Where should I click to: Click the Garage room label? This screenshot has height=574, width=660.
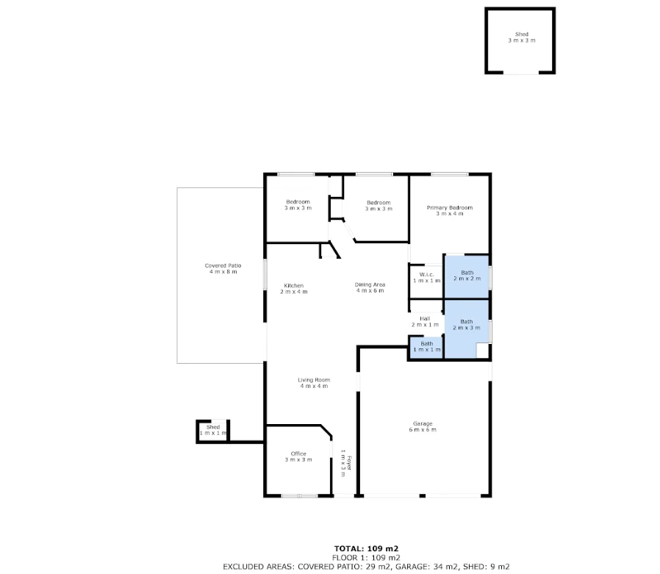coord(423,426)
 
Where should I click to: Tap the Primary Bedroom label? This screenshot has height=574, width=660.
coord(449,210)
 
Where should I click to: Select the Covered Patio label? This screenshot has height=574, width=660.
coord(223,268)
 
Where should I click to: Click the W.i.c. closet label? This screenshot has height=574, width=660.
coord(426,278)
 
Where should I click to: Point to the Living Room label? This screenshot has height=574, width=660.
coord(313,383)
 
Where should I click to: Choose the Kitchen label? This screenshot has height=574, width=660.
coord(293,289)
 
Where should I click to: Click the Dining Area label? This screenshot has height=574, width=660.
coord(370,287)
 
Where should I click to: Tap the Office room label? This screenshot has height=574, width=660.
coord(298,456)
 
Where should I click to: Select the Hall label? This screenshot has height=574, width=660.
coord(425,321)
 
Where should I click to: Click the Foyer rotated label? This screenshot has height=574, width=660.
coord(346,465)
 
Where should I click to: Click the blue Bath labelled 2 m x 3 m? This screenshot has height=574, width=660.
coord(467,324)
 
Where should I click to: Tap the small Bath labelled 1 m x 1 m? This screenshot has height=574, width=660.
coord(426,346)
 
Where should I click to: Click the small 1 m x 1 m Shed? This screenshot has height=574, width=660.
coord(212,430)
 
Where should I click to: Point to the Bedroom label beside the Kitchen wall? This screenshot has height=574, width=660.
coord(298,205)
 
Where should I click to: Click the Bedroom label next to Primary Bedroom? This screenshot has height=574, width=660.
coord(379,205)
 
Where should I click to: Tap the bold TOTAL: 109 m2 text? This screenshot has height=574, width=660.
coord(366,548)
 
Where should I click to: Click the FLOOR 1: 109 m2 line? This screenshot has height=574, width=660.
coord(366,557)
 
